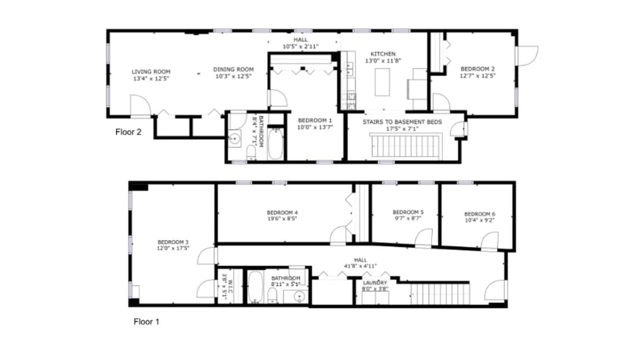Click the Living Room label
(x=150, y=72)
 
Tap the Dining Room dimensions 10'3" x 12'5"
(x=233, y=76)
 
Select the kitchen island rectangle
(x=382, y=82)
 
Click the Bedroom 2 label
(x=477, y=69)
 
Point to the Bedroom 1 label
(x=315, y=120)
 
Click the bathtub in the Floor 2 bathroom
(x=276, y=144)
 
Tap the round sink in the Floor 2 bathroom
(x=235, y=139)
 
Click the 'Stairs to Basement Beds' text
(x=402, y=122)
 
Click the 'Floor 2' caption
(x=128, y=132)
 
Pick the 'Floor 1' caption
(x=146, y=322)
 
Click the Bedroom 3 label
(x=173, y=242)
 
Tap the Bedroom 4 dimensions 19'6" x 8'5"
(x=282, y=219)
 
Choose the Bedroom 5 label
(x=408, y=212)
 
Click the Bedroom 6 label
(x=480, y=214)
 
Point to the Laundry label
(x=374, y=283)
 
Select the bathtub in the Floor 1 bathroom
(x=255, y=287)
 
